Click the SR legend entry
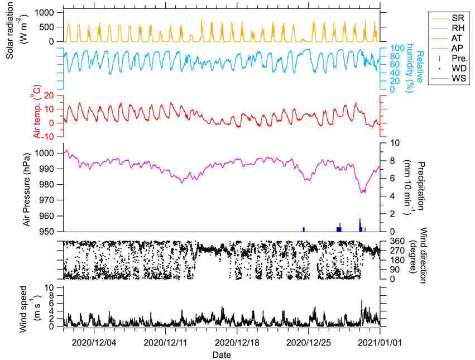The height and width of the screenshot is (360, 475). point(448,18)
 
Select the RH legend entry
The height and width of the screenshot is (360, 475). point(448,28)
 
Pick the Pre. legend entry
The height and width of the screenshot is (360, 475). point(449,58)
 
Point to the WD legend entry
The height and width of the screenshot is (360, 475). point(449,68)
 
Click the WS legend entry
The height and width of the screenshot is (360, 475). point(449,78)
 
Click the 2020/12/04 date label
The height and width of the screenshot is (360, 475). point(94,343)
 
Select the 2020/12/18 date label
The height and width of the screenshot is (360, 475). point(237,343)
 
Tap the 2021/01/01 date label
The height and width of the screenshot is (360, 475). point(380,343)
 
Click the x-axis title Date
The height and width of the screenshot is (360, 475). point(222,355)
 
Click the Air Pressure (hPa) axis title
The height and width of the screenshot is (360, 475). point(27,190)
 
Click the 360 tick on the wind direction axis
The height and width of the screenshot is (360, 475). point(397,241)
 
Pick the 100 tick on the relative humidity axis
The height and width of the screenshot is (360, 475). point(397,48)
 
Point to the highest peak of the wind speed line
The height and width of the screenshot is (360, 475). point(362,301)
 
